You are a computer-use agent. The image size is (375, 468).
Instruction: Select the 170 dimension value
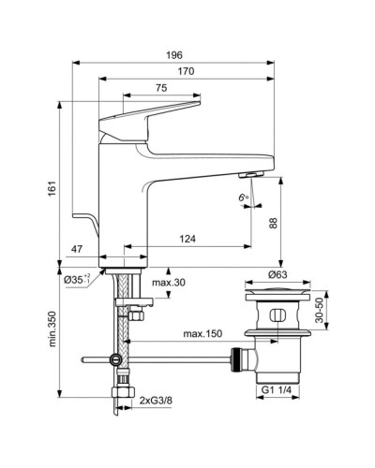[186, 73]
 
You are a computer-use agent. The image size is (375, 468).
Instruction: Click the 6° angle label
[242, 197]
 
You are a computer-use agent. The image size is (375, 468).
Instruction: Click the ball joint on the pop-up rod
[115, 358]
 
